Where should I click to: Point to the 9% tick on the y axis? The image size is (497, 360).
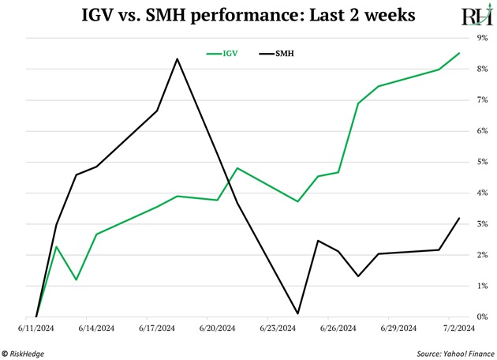pyautogui.click(x=482, y=38)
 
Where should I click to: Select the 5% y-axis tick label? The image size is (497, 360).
pyautogui.click(x=482, y=162)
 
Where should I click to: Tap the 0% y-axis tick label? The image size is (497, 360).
pyautogui.click(x=482, y=317)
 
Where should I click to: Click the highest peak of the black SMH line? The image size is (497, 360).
pyautogui.click(x=177, y=59)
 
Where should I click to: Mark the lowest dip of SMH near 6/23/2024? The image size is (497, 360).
pyautogui.click(x=297, y=313)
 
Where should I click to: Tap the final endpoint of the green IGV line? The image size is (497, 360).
pyautogui.click(x=459, y=54)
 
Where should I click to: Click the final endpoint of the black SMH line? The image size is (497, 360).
pyautogui.click(x=459, y=218)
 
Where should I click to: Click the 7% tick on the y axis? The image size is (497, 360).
pyautogui.click(x=482, y=100)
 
